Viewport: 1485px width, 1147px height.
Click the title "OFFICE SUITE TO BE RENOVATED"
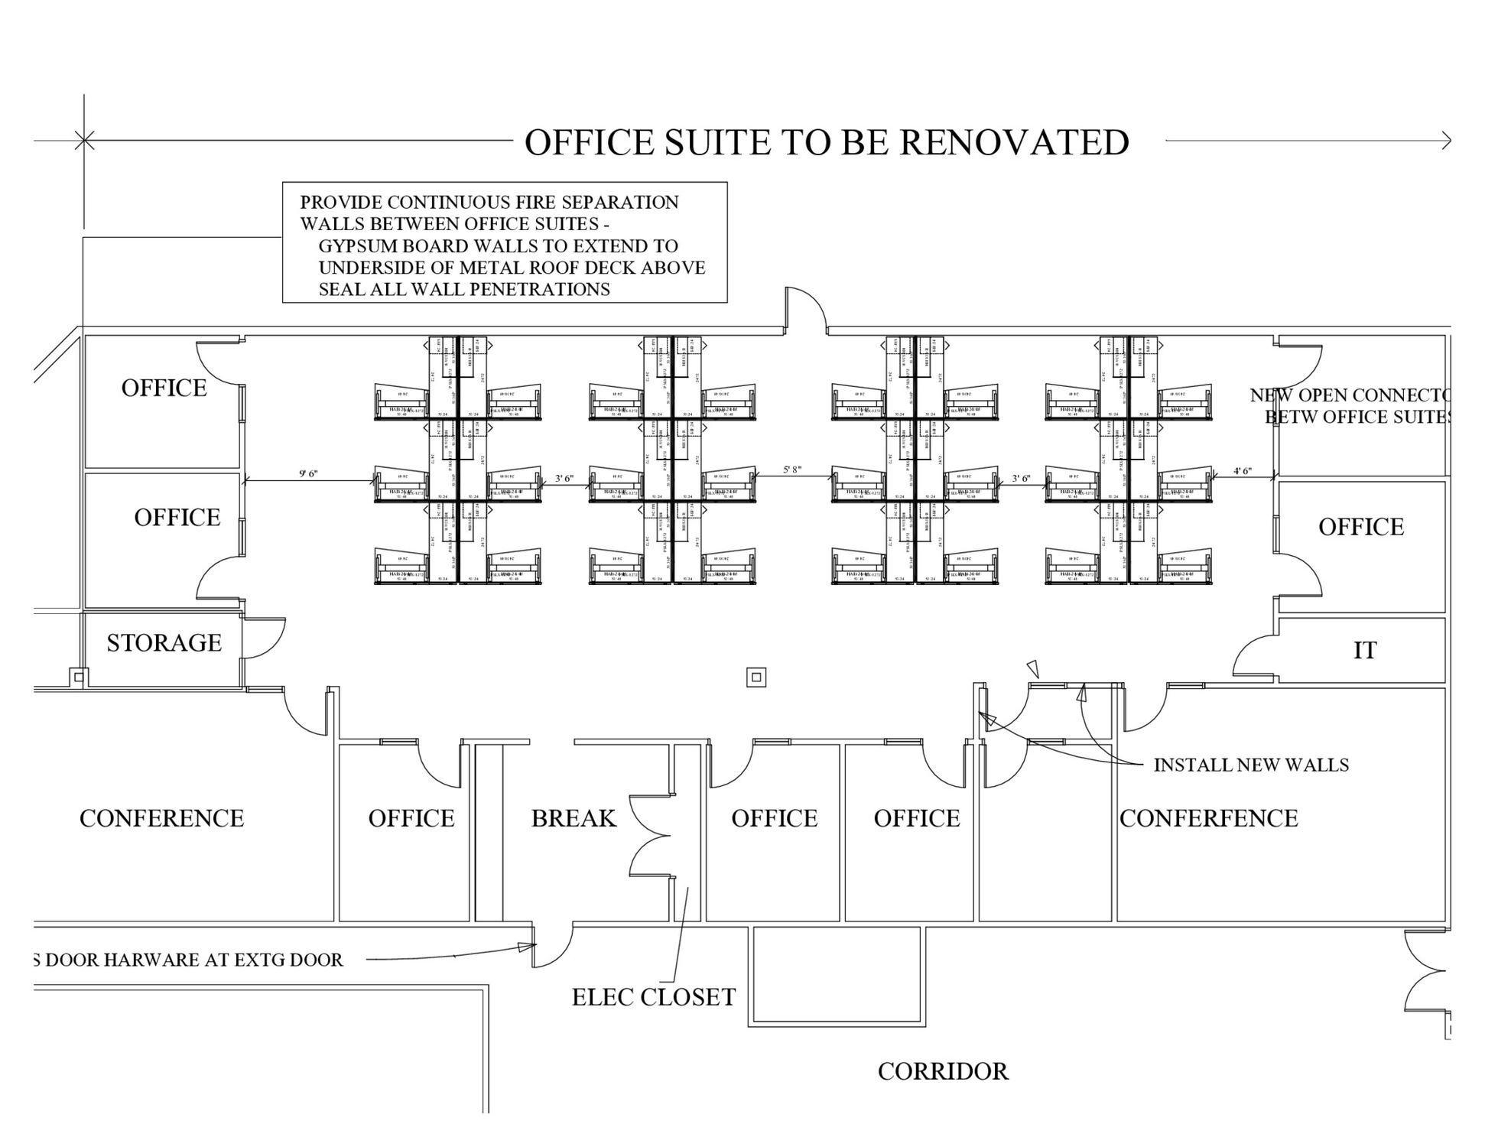click(x=826, y=143)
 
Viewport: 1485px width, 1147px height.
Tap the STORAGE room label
click(x=164, y=643)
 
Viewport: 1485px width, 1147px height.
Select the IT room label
click(x=1365, y=651)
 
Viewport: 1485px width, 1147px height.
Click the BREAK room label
click(x=574, y=819)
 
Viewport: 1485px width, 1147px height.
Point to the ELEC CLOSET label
click(x=654, y=997)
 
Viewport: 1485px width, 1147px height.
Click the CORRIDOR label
click(x=943, y=1072)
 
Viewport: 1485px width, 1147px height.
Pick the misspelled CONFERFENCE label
click(x=1208, y=819)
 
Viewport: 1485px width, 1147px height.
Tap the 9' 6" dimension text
click(x=308, y=474)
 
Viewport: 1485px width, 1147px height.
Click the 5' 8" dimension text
click(x=791, y=470)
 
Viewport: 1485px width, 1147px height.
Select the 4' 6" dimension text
click(x=1243, y=471)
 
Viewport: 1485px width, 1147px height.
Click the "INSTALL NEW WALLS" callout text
click(x=1250, y=765)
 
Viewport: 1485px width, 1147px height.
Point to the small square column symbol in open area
click(x=756, y=677)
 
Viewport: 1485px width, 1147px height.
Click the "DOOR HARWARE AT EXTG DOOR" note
click(x=191, y=960)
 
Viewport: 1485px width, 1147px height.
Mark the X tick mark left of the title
click(x=84, y=140)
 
